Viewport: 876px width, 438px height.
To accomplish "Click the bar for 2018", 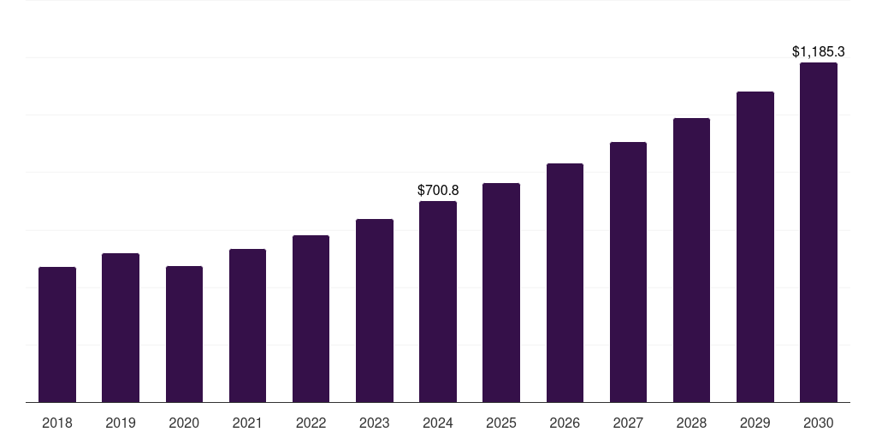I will point(57,334).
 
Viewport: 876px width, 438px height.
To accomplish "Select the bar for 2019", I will point(121,328).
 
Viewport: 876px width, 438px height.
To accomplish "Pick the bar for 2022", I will point(311,318).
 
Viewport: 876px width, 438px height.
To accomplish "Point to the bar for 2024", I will point(438,301).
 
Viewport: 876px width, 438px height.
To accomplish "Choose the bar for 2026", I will point(565,282).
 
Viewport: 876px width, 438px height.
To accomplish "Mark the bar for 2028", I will point(691,260).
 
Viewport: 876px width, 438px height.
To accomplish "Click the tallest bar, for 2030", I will point(819,232).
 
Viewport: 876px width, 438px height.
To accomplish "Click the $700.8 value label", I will point(438,190).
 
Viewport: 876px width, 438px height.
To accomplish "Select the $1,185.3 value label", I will point(819,52).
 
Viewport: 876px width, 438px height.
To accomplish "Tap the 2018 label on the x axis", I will point(57,423).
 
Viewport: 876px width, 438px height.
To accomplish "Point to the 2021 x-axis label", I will point(247,423).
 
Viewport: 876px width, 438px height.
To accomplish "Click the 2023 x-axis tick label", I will point(375,423).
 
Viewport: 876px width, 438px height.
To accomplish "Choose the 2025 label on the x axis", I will point(501,423).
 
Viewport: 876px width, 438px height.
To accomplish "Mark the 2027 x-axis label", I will point(628,423).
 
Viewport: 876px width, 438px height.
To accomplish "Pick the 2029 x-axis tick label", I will point(755,423).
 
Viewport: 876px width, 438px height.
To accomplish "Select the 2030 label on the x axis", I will point(819,423).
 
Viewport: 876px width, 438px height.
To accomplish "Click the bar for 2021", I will point(247,325).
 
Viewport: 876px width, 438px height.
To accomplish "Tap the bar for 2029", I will point(755,246).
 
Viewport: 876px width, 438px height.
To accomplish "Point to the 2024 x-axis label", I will point(438,423).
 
